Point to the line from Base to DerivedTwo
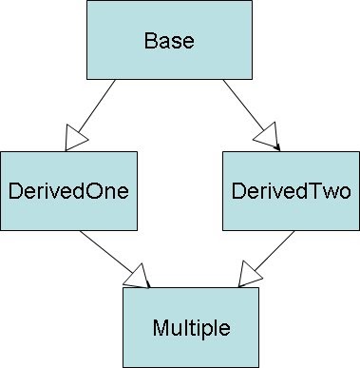pyautogui.click(x=242, y=104)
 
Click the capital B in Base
pyautogui.click(x=150, y=42)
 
